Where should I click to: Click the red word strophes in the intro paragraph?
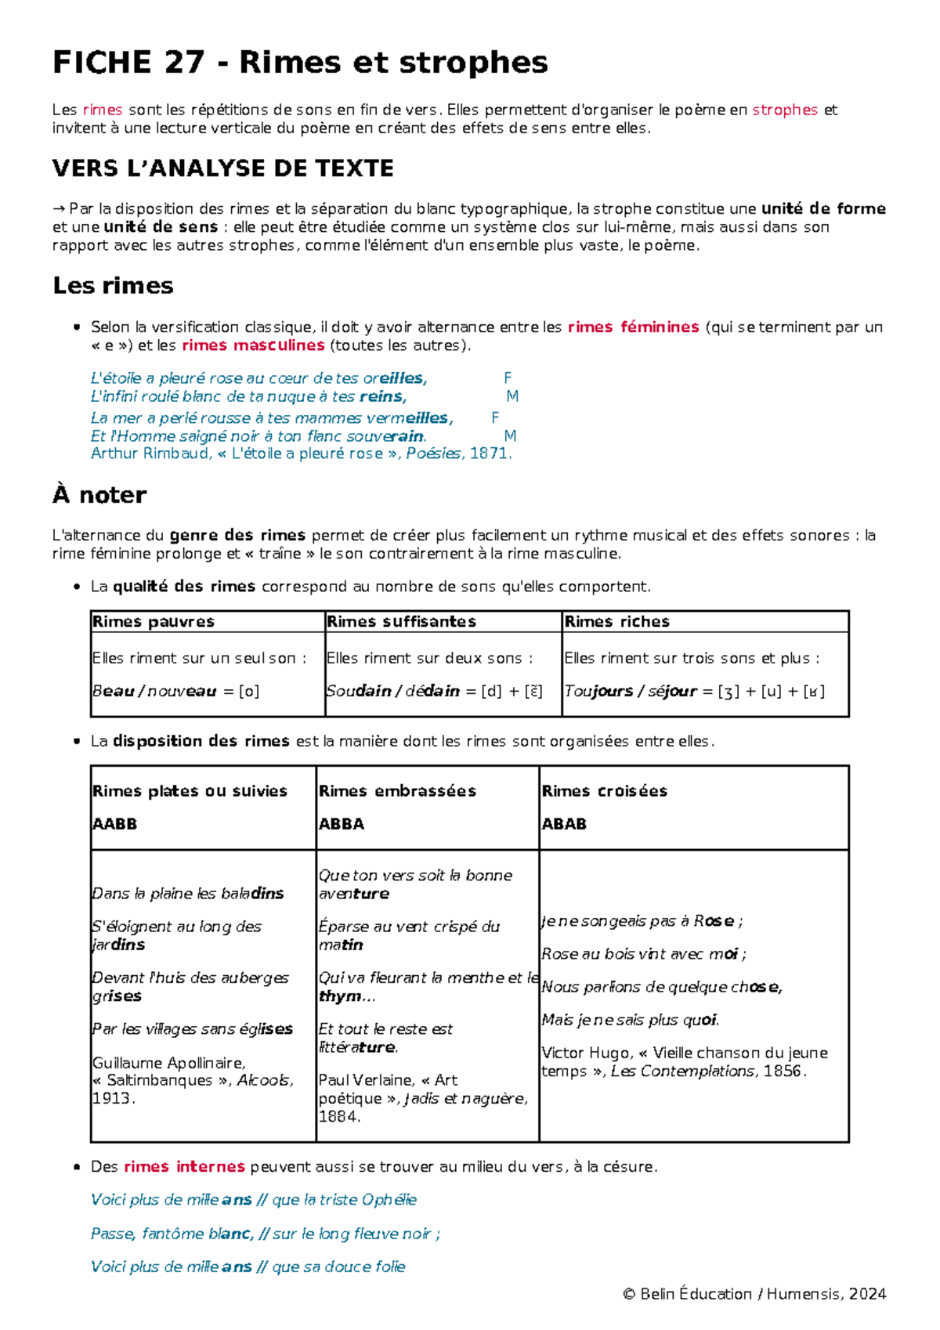click(x=784, y=110)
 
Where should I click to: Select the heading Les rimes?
click(x=113, y=286)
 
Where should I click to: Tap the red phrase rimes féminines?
click(x=633, y=327)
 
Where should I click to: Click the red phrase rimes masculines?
click(x=253, y=345)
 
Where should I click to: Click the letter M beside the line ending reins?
click(x=512, y=396)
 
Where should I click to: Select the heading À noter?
click(x=99, y=495)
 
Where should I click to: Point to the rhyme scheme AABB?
click(x=114, y=824)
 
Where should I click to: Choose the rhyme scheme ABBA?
click(x=341, y=824)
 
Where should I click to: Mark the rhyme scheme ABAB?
click(x=564, y=824)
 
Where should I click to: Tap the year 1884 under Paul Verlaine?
click(x=338, y=1117)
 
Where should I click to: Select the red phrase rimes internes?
click(x=184, y=1167)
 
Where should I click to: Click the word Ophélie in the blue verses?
click(x=389, y=1200)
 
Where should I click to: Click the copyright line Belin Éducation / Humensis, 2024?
click(x=754, y=1294)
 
